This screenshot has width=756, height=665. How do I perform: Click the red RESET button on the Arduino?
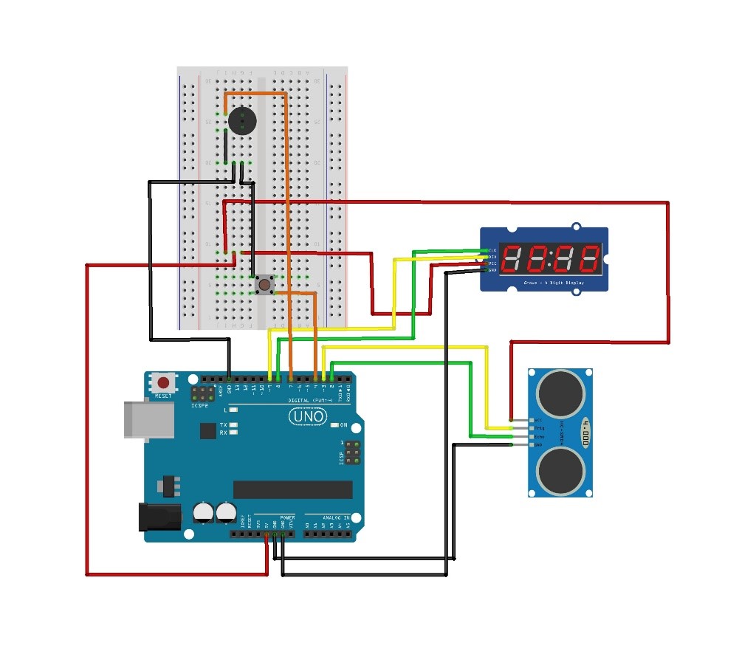point(162,383)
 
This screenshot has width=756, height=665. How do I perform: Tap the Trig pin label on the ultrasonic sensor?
point(539,428)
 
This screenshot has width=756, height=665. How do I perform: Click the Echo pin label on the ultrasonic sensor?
point(539,437)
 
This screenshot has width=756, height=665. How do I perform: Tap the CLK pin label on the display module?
point(492,251)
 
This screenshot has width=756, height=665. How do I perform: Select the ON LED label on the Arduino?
point(343,425)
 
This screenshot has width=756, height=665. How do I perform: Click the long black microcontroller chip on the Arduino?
point(292,489)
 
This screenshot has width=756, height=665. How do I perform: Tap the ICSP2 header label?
point(199,406)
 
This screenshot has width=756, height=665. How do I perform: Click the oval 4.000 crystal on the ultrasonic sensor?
point(586,433)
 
